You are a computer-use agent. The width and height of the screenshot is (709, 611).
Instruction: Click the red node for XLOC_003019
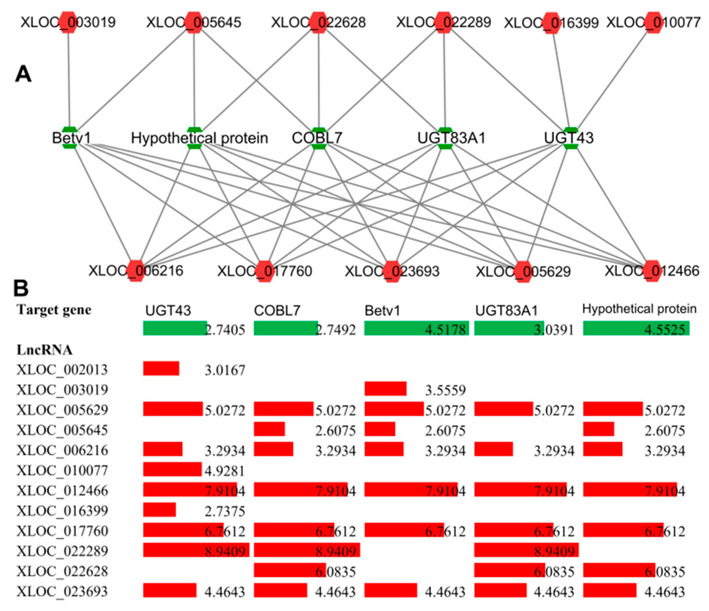[68, 22]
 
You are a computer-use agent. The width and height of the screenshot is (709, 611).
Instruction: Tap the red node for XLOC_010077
[653, 22]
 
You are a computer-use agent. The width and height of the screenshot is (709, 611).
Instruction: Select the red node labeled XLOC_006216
[135, 271]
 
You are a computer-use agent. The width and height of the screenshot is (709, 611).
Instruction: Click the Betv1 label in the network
[71, 138]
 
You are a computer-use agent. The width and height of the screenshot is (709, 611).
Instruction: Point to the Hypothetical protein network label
[199, 138]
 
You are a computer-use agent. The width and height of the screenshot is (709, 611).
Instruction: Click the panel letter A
[23, 74]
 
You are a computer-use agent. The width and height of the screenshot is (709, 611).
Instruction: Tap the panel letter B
[21, 289]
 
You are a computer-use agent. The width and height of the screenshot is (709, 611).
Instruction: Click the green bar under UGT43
[175, 328]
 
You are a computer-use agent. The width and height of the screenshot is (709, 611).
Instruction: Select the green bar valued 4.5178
[416, 328]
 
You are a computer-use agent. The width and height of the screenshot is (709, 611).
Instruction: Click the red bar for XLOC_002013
[161, 368]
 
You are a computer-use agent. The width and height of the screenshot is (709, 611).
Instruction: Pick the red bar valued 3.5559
[385, 389]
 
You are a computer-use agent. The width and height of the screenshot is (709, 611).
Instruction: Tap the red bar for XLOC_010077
[172, 469]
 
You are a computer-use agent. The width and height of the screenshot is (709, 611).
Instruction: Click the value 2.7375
[225, 511]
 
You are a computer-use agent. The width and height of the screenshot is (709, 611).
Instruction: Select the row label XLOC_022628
[62, 571]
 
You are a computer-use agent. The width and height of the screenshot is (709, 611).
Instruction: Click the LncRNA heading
[44, 350]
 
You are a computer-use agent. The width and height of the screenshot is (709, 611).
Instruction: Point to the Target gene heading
[54, 310]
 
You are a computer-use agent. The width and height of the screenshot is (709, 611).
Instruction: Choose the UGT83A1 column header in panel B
[506, 310]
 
